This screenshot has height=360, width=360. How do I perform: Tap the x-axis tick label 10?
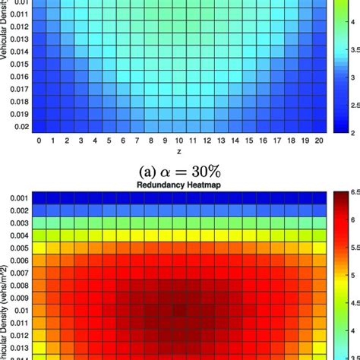tap(178, 141)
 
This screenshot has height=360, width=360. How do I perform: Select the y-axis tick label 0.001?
tap(17, 197)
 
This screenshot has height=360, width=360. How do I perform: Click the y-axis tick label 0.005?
tap(17, 248)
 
